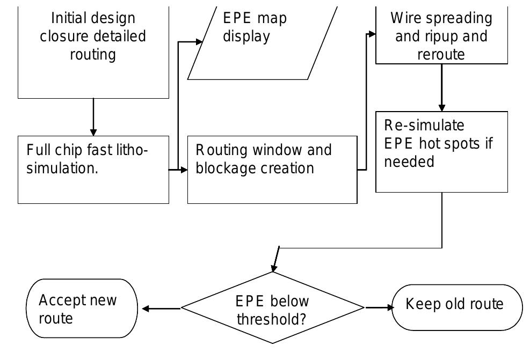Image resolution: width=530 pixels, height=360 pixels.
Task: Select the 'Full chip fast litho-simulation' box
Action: click(x=93, y=170)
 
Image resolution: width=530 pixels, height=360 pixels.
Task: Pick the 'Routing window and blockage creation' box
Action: click(x=272, y=170)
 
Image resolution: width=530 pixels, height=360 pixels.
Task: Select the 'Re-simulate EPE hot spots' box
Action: click(x=441, y=152)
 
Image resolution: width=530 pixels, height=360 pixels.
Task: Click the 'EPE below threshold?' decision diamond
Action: click(x=273, y=308)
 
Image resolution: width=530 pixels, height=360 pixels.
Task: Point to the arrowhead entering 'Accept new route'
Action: click(x=146, y=308)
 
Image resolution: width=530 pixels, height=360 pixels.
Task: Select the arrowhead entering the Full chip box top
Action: click(x=93, y=132)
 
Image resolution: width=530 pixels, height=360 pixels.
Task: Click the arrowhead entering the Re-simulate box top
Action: click(x=441, y=107)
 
